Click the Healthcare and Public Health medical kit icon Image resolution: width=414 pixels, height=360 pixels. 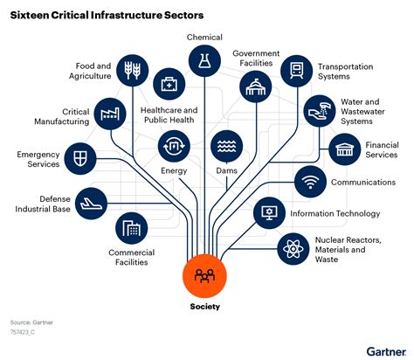pos(168,85)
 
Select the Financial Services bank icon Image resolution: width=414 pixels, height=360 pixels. pos(344,149)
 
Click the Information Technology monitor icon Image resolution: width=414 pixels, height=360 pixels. pos(269,212)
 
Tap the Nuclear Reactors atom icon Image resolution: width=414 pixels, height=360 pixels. pos(291,249)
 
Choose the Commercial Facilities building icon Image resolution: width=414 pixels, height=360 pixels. pos(132,230)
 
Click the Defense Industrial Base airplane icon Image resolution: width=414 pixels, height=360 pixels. pos(90,202)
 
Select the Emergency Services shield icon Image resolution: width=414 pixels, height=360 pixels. pos(80,158)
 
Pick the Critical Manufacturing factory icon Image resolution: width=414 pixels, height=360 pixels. pos(111,114)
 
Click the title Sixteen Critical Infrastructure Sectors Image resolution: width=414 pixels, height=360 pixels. pos(104,15)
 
